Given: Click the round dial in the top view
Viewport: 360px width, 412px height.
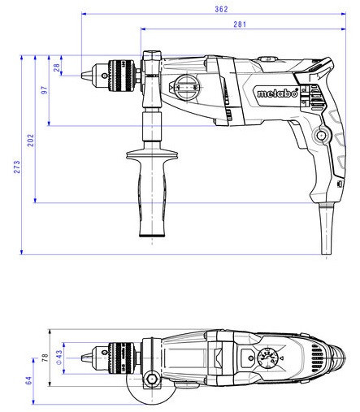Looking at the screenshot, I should [267, 358].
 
